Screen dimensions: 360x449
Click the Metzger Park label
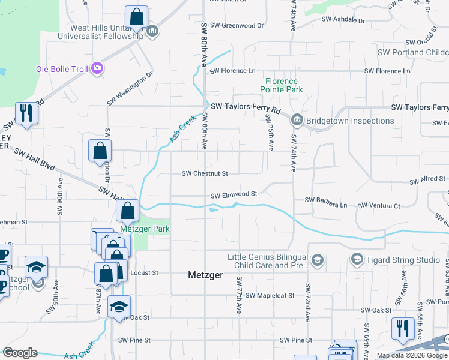145,229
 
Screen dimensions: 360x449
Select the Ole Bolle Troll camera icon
97,68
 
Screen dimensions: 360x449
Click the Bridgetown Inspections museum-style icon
297,121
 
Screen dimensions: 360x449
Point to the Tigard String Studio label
403,259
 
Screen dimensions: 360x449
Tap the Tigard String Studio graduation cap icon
357,259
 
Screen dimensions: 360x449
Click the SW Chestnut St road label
205,174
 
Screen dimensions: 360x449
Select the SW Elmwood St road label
234,194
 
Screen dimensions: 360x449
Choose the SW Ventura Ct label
379,206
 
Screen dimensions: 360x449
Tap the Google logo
20,353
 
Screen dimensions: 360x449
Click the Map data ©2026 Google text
411,355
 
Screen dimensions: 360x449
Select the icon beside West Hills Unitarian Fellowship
152,31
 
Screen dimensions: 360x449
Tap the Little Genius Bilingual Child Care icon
318,260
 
